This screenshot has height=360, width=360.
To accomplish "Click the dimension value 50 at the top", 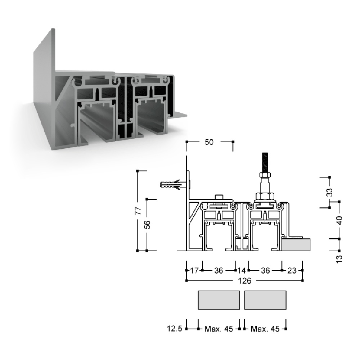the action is [209, 142].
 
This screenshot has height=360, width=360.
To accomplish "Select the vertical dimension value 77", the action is [138, 211].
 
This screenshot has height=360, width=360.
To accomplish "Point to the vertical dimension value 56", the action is [147, 225].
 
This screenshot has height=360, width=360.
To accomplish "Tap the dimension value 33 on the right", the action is [329, 192].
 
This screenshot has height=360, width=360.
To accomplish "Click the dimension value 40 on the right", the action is [339, 220].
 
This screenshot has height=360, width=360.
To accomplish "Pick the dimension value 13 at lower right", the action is [339, 259].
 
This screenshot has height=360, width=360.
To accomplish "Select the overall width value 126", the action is [244, 280].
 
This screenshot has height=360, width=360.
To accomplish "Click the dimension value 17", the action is [194, 270].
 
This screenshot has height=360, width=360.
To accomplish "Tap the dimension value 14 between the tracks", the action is [242, 270].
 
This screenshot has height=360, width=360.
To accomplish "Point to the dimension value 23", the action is [292, 270].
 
